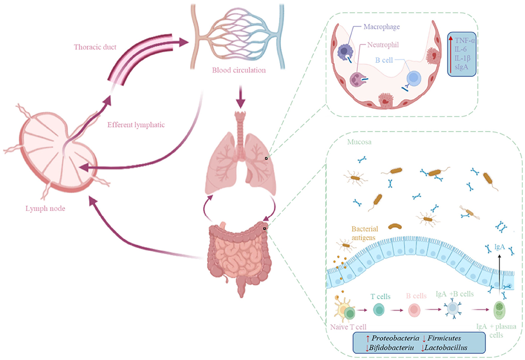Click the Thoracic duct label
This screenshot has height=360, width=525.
coord(95,47)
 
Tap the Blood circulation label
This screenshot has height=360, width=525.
coord(239,70)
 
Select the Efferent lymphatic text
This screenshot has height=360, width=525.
coord(136,125)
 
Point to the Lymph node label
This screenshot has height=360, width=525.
coord(45,209)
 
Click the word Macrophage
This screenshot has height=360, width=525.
coord(382,27)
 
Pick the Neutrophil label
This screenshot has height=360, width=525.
coord(383,45)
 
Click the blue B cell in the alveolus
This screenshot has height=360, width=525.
coord(414,78)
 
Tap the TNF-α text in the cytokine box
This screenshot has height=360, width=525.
coord(465,41)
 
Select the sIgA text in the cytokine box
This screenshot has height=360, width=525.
coord(462,67)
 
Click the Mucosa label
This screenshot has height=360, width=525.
coord(359,142)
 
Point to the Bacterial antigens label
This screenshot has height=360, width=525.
coord(364,233)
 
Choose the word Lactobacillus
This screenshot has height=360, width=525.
coord(446,347)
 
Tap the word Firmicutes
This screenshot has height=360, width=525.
coord(444,338)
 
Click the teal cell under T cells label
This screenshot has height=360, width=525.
coord(379,310)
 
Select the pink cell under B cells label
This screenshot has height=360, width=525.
coord(414,310)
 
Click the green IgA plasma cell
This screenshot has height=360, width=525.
coord(500,310)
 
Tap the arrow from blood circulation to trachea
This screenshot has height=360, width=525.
coord(240,97)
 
